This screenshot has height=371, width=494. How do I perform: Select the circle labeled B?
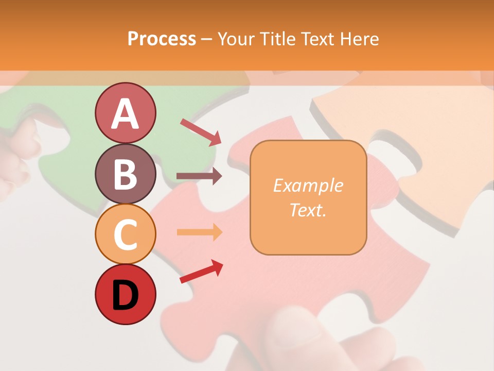click(125, 174)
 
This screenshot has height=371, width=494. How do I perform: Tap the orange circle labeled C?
click(125, 234)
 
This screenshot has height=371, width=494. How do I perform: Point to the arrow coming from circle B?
click(199, 176)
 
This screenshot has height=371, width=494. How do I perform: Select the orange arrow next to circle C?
click(199, 232)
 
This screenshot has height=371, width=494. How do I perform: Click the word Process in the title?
click(162, 39)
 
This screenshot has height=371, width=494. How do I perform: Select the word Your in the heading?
click(237, 39)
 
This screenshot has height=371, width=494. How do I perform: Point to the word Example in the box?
click(308, 185)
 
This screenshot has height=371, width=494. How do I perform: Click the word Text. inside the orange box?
click(308, 210)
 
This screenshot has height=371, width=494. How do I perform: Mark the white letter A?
click(125, 114)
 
